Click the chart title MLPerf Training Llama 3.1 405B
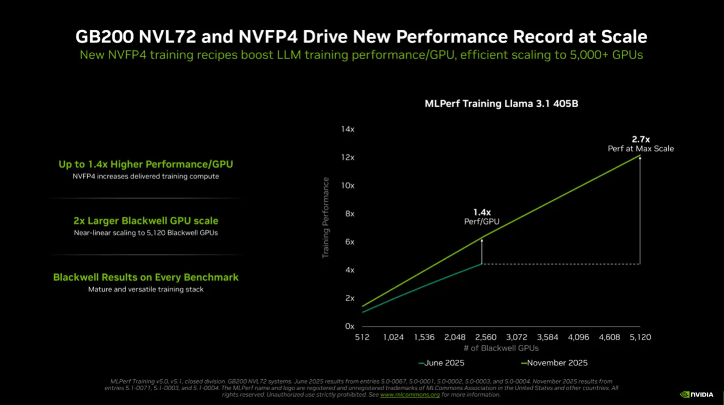501,104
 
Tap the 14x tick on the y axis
348,130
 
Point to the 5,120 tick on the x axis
640,337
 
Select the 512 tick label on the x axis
362,337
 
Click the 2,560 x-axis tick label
485,337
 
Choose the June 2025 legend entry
442,363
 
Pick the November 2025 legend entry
554,363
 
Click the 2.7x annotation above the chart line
641,139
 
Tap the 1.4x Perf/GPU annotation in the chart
482,216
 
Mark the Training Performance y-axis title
326,217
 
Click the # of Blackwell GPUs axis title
501,348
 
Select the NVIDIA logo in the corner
696,395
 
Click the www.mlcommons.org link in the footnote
410,395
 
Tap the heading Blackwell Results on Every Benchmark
146,277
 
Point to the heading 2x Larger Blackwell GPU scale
146,221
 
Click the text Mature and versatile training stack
146,290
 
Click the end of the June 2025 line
481,264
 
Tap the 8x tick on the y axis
349,214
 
